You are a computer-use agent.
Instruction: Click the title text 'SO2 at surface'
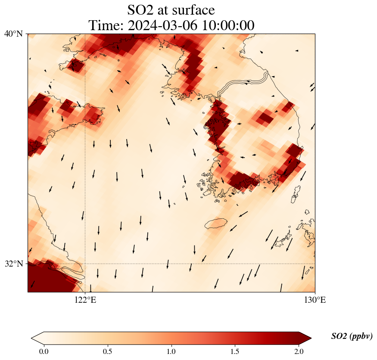[x=171, y=9]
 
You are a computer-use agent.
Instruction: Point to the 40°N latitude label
[x=13, y=34]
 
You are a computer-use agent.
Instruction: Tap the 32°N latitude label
[x=13, y=264]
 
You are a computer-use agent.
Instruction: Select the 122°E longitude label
[x=85, y=300]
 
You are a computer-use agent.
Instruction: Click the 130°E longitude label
[x=315, y=300]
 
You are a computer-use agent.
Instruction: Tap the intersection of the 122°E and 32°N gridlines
[x=85, y=264]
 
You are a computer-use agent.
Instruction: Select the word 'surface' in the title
[x=193, y=9]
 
